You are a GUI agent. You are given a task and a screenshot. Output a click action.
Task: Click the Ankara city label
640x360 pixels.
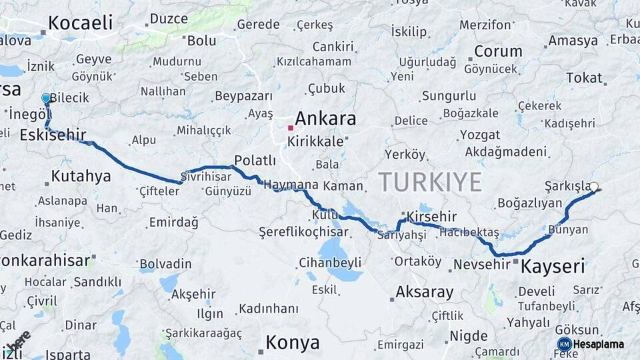[325, 119]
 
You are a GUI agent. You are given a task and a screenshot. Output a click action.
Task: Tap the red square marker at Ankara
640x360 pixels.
[291, 127]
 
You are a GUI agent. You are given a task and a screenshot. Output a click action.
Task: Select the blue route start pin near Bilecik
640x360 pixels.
[46, 99]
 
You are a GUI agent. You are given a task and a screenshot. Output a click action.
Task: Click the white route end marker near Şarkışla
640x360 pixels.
[594, 187]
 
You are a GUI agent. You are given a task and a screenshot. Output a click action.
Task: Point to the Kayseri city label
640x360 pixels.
[553, 267]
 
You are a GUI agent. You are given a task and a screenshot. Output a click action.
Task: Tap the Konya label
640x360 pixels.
[293, 343]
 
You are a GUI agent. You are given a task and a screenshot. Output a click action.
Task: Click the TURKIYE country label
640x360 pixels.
[430, 181]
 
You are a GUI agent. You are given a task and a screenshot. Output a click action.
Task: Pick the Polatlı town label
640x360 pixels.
[255, 160]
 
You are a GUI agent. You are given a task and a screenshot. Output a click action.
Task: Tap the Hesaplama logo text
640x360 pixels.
[599, 344]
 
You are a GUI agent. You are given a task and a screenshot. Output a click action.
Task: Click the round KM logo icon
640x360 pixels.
[564, 344]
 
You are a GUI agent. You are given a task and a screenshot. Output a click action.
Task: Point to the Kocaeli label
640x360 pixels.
[81, 23]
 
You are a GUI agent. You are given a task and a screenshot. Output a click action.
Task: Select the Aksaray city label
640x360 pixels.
[425, 292]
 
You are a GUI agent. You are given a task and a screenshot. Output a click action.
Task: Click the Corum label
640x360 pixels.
[498, 51]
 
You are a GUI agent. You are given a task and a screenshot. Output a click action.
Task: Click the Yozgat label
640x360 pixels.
[479, 135]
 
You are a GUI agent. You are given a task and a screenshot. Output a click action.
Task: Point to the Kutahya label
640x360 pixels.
[81, 177]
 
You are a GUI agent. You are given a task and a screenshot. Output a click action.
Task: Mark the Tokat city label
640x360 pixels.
[584, 77]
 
